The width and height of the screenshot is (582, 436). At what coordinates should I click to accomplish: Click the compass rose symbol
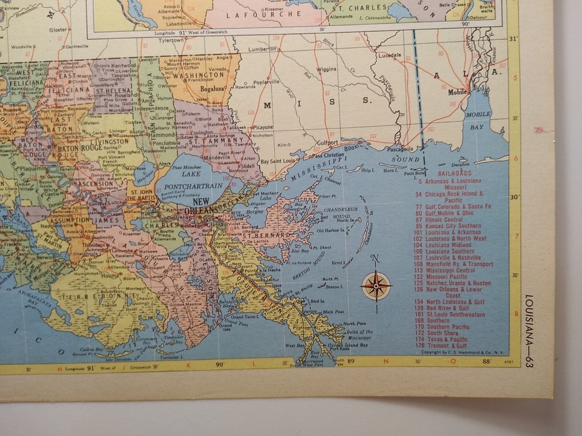376,285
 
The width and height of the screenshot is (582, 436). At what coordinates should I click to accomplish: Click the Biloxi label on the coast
352,146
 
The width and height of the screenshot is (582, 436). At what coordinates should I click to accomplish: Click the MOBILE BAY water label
478,121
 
